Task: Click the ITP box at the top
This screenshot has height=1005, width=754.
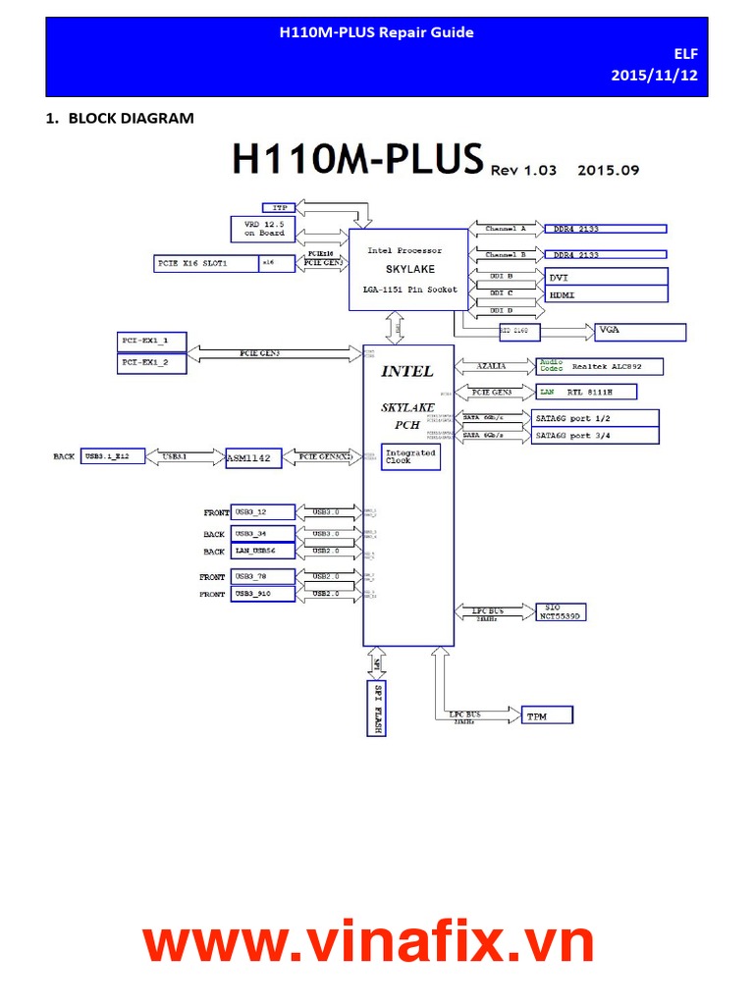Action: coord(280,207)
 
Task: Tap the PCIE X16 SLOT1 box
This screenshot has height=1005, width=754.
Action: coord(205,263)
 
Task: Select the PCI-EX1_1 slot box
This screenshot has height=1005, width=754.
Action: coord(152,342)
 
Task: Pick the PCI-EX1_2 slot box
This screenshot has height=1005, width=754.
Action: coord(152,363)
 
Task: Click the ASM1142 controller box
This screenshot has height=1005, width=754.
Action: coord(253,456)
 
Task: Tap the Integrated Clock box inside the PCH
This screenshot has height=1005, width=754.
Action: coord(409,456)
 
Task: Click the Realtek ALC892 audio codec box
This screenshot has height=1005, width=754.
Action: coord(599,366)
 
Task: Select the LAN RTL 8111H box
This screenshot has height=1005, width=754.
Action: coord(585,392)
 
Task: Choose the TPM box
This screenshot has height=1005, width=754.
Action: coord(545,715)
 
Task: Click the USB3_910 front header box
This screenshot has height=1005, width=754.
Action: coord(262,594)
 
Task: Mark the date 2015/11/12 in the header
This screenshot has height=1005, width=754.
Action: coord(654,75)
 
